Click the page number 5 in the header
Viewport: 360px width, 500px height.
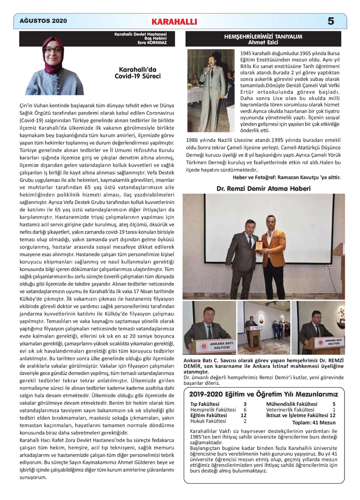pyautogui.click(x=331, y=21)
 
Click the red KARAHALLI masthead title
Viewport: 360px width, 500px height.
pyautogui.click(x=174, y=22)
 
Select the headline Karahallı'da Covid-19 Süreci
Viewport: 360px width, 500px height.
pyautogui.click(x=138, y=72)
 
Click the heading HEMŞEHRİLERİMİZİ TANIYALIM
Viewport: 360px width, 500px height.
pyautogui.click(x=263, y=37)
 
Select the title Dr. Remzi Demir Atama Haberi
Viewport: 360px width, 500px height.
pyautogui.click(x=263, y=188)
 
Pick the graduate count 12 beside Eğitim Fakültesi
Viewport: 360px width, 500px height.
pyautogui.click(x=243, y=415)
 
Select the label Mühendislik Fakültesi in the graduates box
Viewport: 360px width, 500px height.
pyautogui.click(x=292, y=404)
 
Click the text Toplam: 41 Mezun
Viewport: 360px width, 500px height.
pyautogui.click(x=314, y=422)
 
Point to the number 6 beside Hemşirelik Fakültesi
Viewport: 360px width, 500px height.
pyautogui.click(x=245, y=410)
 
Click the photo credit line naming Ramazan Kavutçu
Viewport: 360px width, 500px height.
pyautogui.click(x=286, y=177)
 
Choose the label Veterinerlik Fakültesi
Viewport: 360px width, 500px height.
pyautogui.click(x=290, y=410)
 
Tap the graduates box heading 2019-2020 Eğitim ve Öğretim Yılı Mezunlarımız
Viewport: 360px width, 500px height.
pyautogui.click(x=264, y=394)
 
